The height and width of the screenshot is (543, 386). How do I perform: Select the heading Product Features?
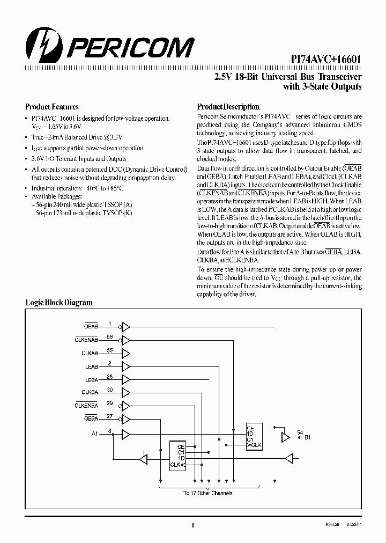point(52,107)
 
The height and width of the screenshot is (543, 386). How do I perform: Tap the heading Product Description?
point(228,107)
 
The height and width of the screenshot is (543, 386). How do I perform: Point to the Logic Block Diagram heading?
point(59,303)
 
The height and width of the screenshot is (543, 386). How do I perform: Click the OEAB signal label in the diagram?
point(91,326)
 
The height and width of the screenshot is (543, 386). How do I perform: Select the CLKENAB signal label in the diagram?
point(86,339)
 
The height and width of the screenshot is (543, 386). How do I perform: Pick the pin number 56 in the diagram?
point(110,337)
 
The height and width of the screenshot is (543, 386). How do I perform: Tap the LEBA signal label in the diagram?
point(91,379)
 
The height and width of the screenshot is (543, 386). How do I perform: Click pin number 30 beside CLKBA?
point(110,390)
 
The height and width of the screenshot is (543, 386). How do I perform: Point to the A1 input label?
point(94,432)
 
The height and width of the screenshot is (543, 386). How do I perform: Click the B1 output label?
point(308,437)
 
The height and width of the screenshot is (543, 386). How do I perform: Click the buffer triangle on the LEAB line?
point(125,366)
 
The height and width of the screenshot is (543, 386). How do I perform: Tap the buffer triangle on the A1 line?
point(125,433)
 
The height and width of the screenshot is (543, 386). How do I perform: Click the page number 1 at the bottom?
point(192,526)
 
